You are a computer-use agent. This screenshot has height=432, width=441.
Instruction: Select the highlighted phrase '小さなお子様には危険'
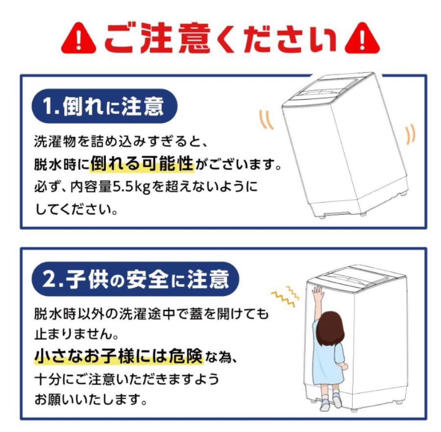[118, 357]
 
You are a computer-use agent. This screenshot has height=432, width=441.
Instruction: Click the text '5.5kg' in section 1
[129, 188]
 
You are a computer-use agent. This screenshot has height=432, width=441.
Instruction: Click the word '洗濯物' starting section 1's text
[51, 142]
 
